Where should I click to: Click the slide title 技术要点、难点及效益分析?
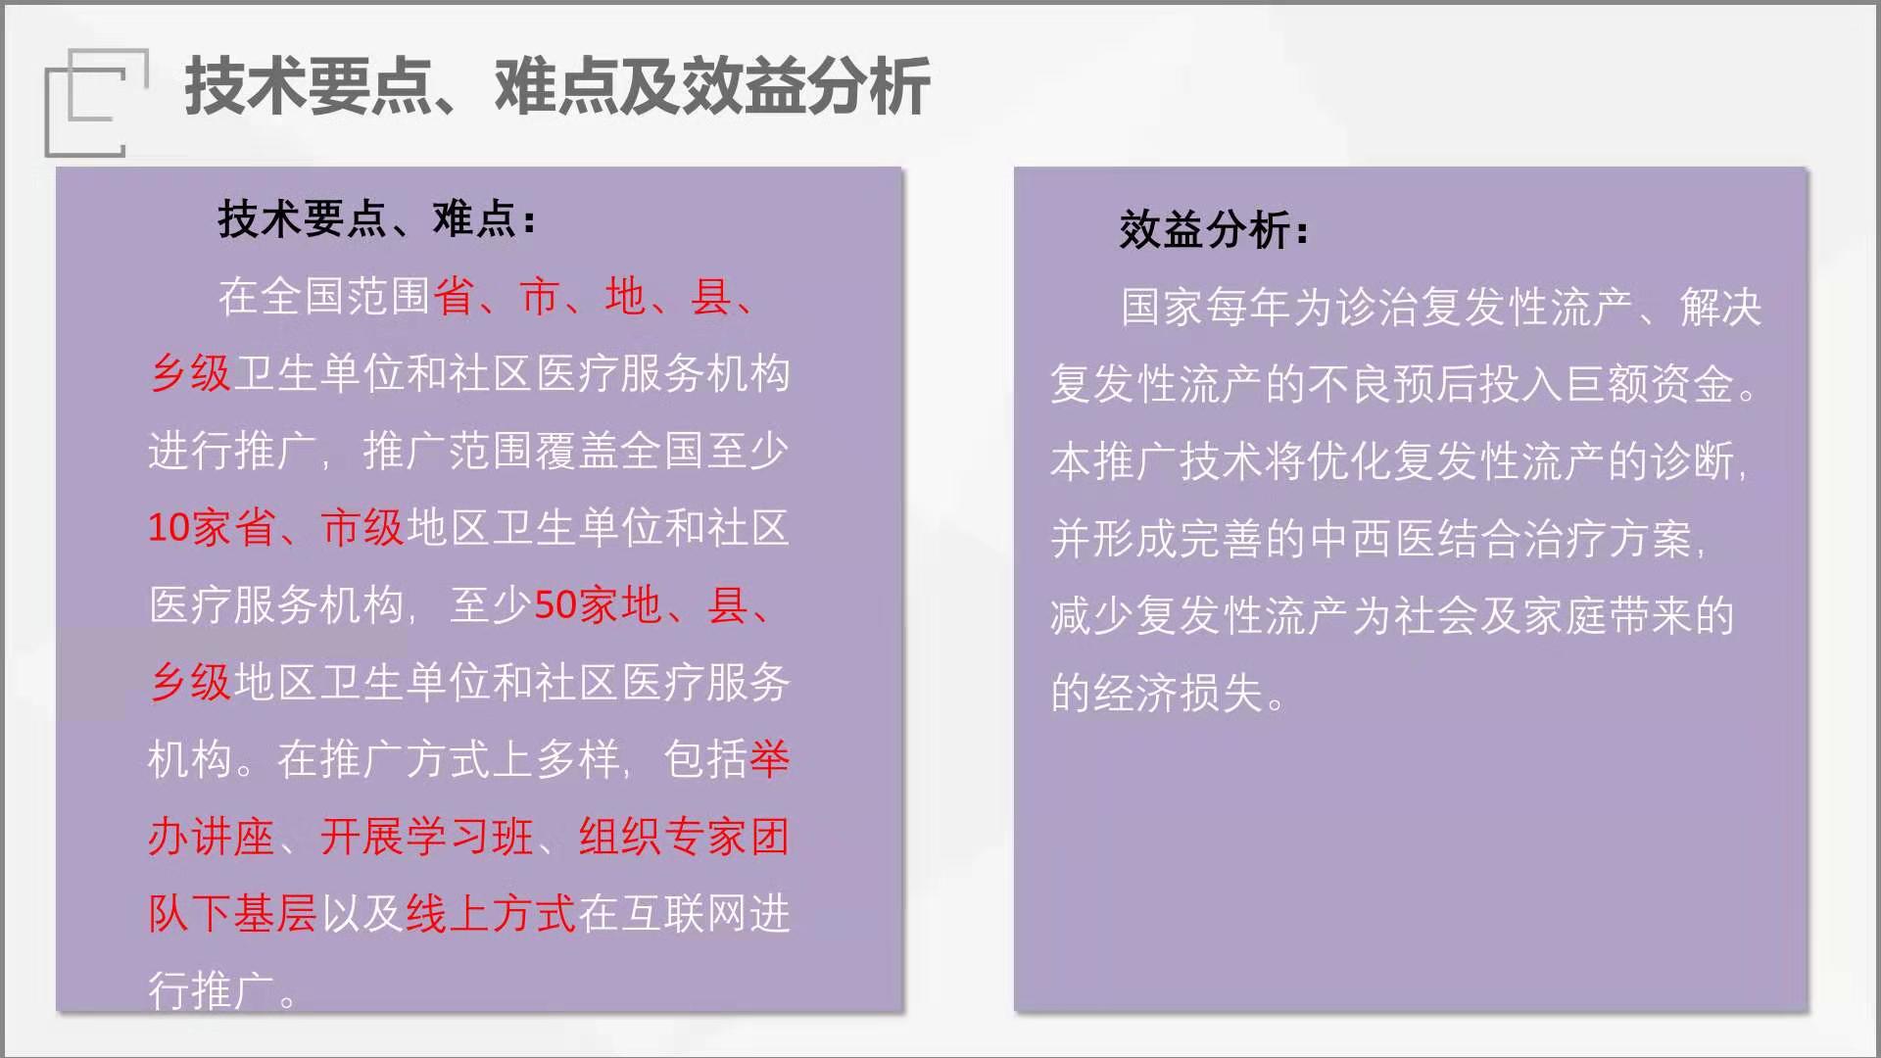click(x=557, y=86)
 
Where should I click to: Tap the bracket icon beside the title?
click(x=96, y=102)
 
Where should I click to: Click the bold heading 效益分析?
click(x=1214, y=230)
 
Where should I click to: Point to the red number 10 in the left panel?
click(x=169, y=528)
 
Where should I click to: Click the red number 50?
click(x=555, y=605)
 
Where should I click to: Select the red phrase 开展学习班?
click(x=427, y=838)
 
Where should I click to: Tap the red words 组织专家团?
click(x=684, y=838)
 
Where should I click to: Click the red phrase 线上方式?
click(x=492, y=914)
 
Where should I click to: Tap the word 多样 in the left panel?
click(x=578, y=760)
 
